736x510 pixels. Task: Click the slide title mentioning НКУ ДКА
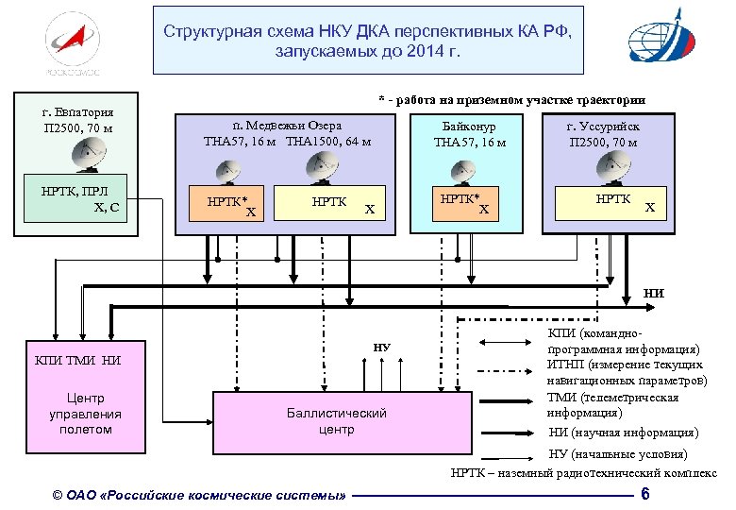(x=368, y=39)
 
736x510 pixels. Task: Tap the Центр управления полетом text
(x=85, y=414)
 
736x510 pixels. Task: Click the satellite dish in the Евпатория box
(x=92, y=153)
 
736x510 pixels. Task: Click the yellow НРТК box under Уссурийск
(x=612, y=201)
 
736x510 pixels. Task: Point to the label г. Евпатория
(x=79, y=110)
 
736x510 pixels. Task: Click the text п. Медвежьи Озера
(x=287, y=125)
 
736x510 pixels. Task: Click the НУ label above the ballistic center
(x=381, y=347)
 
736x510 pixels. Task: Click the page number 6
(x=644, y=495)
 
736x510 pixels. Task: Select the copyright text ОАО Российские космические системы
(x=199, y=495)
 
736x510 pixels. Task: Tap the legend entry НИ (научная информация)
(x=624, y=432)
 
